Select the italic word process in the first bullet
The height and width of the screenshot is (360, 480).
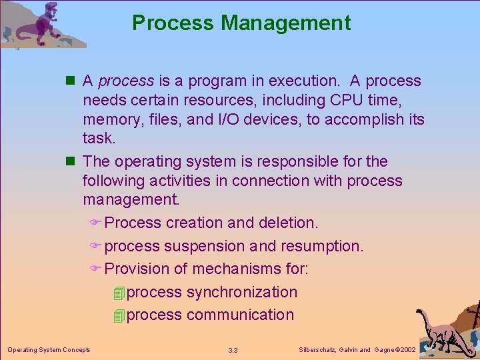click(126, 81)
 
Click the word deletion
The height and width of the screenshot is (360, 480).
click(287, 223)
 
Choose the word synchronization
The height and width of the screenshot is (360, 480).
click(242, 292)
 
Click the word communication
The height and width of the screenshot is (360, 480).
click(240, 315)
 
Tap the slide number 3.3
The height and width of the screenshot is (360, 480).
click(233, 350)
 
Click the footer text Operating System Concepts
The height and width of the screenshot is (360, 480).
click(49, 349)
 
